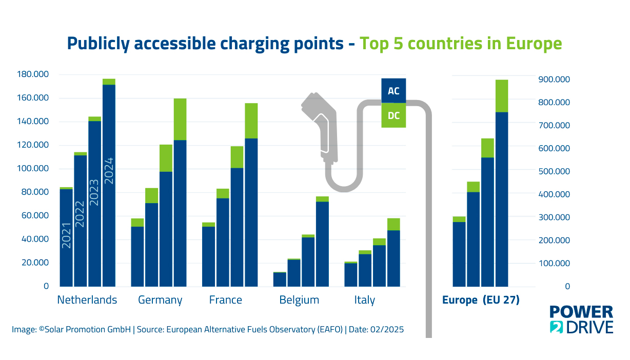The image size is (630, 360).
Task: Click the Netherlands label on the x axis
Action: [87, 300]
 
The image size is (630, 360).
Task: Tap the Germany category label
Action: [160, 300]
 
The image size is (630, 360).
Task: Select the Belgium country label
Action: [299, 300]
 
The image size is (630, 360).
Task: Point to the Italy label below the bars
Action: [364, 300]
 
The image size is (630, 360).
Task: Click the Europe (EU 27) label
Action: [481, 301]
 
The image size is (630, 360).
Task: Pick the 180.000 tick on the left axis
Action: [33, 75]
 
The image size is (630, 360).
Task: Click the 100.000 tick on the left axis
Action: [33, 169]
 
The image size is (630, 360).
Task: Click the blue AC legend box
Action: [393, 91]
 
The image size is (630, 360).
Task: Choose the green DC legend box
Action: [393, 115]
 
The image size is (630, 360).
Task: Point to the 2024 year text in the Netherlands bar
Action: [109, 171]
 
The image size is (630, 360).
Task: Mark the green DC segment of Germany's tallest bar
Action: [180, 119]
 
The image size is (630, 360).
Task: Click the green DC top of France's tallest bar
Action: [251, 121]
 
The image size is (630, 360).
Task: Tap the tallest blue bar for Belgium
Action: [322, 244]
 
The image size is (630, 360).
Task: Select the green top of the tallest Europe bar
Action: [501, 96]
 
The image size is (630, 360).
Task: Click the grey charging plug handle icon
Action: [322, 128]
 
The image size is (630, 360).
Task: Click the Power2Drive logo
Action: [581, 319]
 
